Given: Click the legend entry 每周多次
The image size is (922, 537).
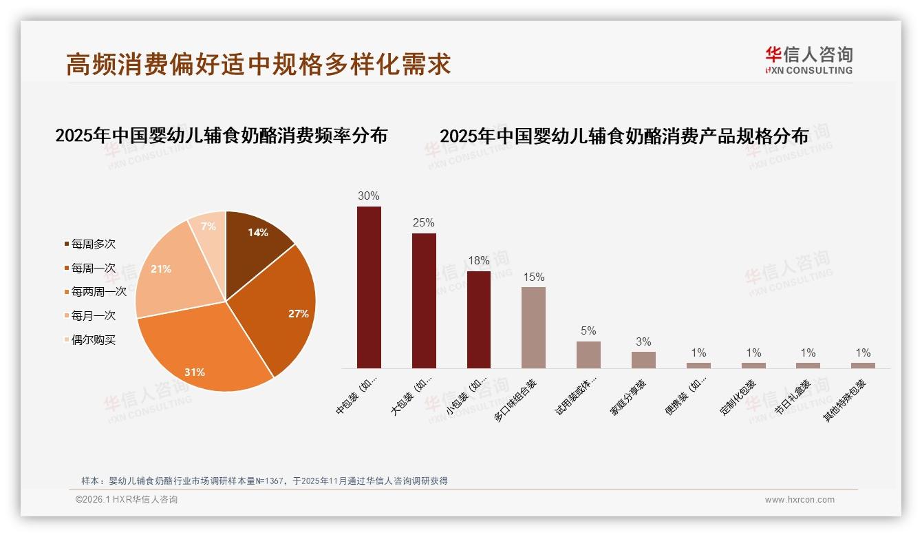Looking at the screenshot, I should [x=93, y=244].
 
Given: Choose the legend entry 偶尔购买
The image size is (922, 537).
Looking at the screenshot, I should [x=93, y=340].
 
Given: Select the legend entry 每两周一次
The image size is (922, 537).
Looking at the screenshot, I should [x=98, y=292].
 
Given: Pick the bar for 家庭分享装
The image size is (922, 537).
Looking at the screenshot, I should [x=643, y=360].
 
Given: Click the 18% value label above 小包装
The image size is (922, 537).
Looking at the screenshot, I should [x=478, y=261].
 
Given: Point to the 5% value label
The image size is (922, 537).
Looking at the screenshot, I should [x=588, y=331].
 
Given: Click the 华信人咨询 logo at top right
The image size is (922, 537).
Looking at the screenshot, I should [x=808, y=60].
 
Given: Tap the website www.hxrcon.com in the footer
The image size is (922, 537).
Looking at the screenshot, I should [x=799, y=500].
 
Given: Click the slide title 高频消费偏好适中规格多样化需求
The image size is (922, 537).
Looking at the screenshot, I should [x=259, y=64].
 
